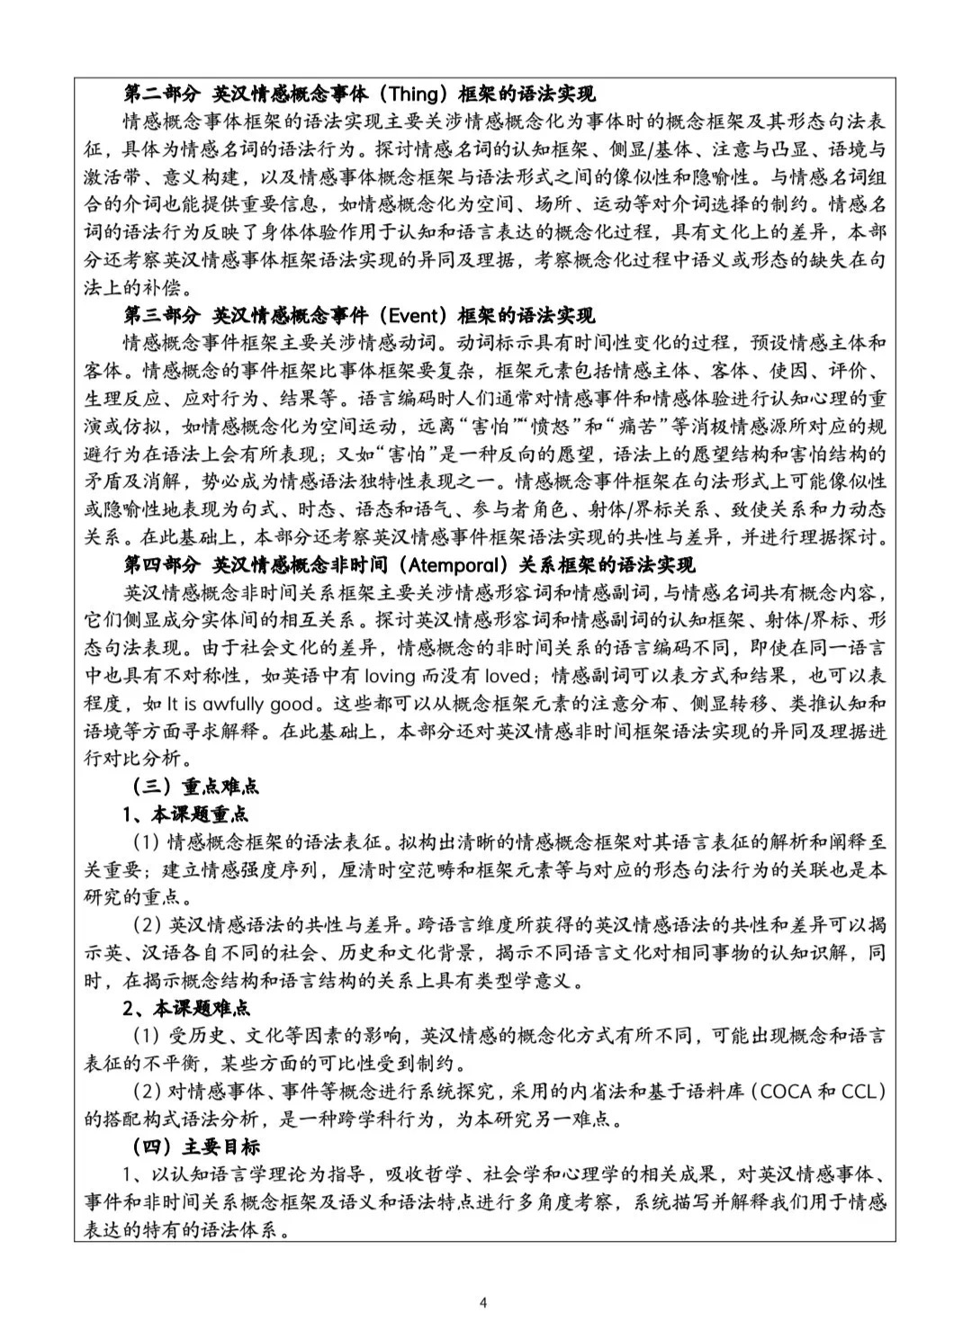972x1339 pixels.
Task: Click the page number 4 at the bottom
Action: (484, 1302)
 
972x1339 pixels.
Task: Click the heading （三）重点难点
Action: (195, 786)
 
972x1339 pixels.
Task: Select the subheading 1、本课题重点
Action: (185, 814)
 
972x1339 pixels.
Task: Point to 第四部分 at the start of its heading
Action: (162, 565)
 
